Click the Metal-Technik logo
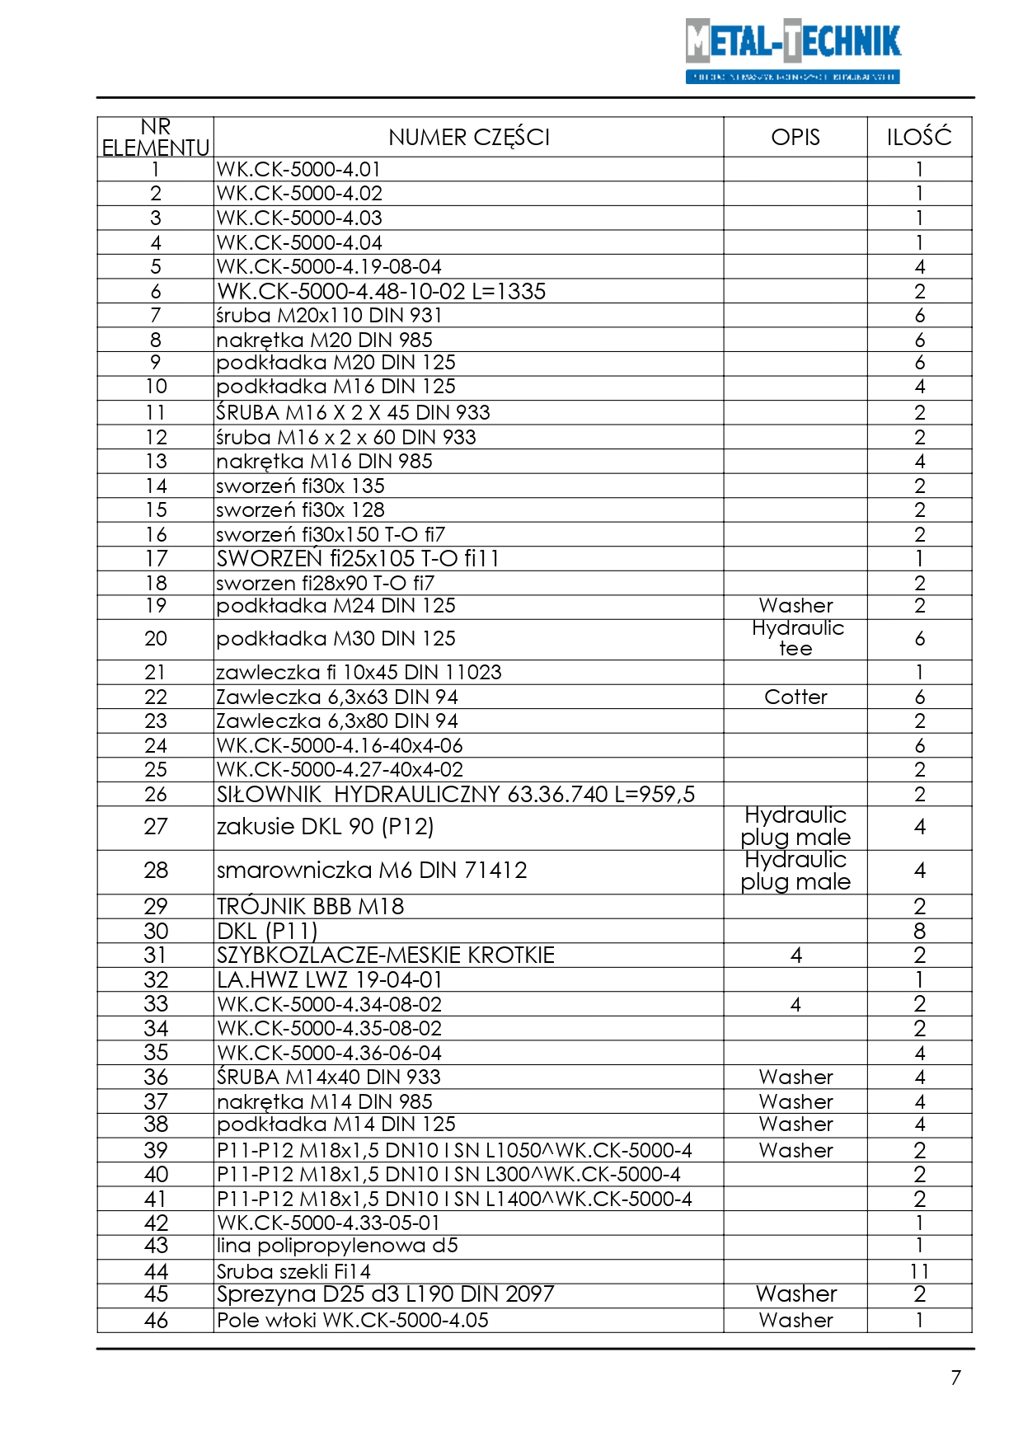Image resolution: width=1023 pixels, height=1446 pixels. (x=792, y=51)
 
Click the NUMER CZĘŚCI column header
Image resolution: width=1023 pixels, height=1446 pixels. (x=468, y=137)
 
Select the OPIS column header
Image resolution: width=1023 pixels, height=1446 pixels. (x=795, y=137)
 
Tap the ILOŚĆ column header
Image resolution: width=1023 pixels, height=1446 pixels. (x=919, y=137)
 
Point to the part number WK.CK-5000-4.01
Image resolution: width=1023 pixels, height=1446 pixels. (x=298, y=170)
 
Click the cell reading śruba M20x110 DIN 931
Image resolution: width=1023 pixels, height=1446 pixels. (x=329, y=316)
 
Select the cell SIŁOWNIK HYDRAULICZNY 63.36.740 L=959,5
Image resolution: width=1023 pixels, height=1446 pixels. (x=456, y=795)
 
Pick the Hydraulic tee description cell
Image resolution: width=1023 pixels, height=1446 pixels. (x=796, y=639)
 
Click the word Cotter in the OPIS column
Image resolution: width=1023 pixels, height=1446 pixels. (x=795, y=697)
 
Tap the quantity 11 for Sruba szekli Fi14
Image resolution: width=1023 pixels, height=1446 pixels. (x=919, y=1272)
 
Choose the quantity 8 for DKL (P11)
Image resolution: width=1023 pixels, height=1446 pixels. (x=919, y=932)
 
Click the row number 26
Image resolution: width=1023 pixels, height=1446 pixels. (x=156, y=795)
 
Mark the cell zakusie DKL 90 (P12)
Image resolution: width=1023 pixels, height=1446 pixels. (x=325, y=827)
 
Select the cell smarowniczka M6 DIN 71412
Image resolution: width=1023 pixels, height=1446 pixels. (x=372, y=871)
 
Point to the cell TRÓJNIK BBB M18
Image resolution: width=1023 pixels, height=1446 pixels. (x=310, y=907)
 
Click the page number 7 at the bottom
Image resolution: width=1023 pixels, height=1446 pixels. (x=955, y=1378)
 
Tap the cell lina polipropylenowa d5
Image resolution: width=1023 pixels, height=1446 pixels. (x=337, y=1246)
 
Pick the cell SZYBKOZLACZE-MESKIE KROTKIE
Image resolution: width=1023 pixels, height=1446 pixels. (x=386, y=955)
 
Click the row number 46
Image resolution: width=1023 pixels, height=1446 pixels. (x=156, y=1321)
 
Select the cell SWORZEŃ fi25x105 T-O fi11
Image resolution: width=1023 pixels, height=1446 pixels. (x=358, y=559)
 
